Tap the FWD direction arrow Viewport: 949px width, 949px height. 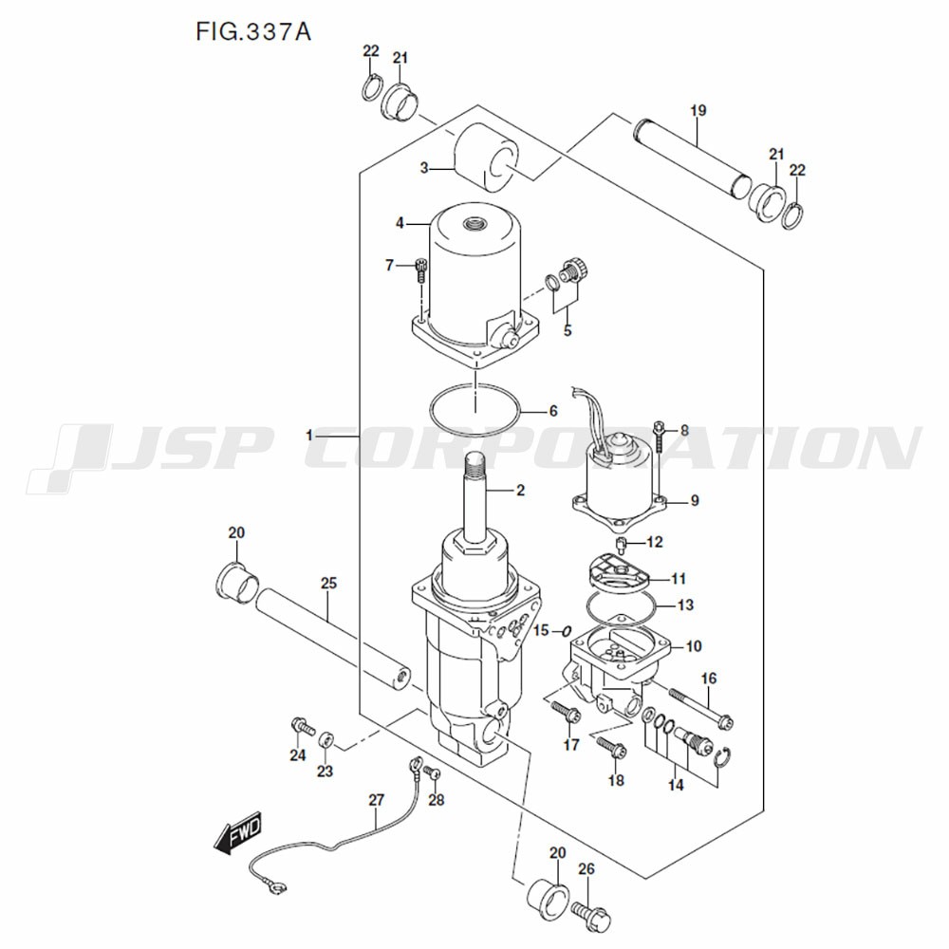tap(236, 832)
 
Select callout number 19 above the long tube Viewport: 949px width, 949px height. tap(698, 111)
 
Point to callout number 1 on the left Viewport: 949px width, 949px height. tap(309, 435)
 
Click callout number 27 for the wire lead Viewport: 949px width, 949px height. tap(376, 800)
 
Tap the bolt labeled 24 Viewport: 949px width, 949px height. tap(301, 726)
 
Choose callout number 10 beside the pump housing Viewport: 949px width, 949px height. tap(694, 646)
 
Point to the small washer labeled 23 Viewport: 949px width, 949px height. tap(326, 738)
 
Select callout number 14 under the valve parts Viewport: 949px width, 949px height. tap(676, 786)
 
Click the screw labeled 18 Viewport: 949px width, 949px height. tap(610, 750)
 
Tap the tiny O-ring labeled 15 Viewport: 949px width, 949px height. tap(565, 630)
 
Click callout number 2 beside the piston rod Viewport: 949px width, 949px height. tap(519, 491)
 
